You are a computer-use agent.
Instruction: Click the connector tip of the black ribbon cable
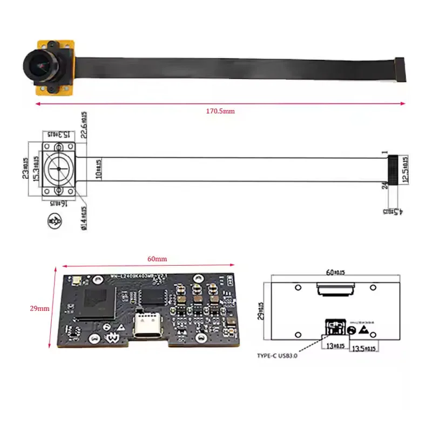coord(400,69)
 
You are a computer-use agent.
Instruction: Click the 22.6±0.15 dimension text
coord(85,125)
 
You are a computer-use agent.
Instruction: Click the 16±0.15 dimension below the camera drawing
coord(57,203)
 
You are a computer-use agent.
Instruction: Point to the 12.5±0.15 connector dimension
coord(404,169)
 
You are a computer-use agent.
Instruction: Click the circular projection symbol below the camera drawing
coord(55,221)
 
